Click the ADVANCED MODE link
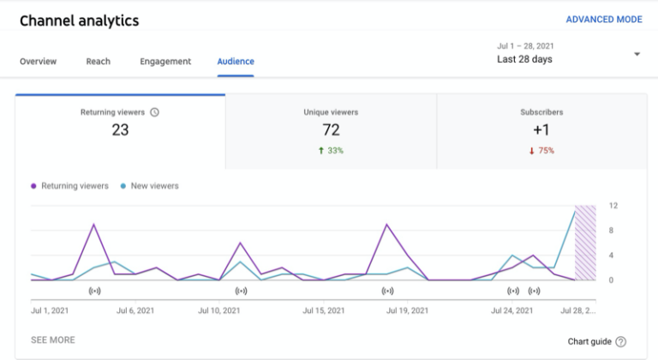coord(604,20)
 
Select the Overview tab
coord(38,62)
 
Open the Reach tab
coord(98,62)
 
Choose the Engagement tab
coord(165,62)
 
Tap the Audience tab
coord(236,62)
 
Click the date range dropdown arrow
coord(637,54)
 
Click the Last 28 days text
coord(524,59)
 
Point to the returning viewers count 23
coord(120,130)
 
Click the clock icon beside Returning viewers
coord(154,112)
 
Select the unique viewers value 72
coord(331,130)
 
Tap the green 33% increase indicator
coord(331,151)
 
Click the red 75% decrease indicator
coord(541,151)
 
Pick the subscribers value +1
coord(541,130)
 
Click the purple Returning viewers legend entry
coord(69,186)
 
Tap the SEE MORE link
coord(53,340)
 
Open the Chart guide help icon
coord(620,341)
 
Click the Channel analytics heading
coord(79,21)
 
